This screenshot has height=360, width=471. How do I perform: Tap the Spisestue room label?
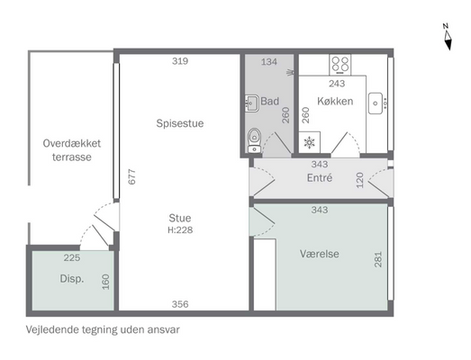(180, 123)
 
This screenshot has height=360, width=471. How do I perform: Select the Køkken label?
(335, 101)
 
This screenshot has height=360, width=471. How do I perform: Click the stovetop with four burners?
(340, 65)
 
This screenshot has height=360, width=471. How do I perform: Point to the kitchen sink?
(376, 103)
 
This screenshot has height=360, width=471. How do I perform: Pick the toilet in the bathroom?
(254, 140)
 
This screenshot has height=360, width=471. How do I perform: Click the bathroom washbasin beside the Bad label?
(252, 103)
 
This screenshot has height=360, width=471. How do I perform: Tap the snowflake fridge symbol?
(309, 142)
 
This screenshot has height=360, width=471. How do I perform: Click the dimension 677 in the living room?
(131, 176)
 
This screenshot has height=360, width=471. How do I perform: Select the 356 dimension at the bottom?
(180, 304)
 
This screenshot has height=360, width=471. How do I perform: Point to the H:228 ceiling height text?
(180, 230)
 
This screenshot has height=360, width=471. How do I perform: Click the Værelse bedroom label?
(320, 254)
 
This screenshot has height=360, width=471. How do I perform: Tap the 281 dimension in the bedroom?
(378, 259)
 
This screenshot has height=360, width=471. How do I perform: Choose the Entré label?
(320, 177)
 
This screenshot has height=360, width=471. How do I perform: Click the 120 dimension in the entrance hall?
(360, 180)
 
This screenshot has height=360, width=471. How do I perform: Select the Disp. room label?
(72, 279)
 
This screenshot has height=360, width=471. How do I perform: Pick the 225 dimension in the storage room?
(72, 257)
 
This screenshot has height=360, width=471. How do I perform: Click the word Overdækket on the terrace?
(72, 143)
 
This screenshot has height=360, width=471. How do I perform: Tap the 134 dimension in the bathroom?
(269, 62)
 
